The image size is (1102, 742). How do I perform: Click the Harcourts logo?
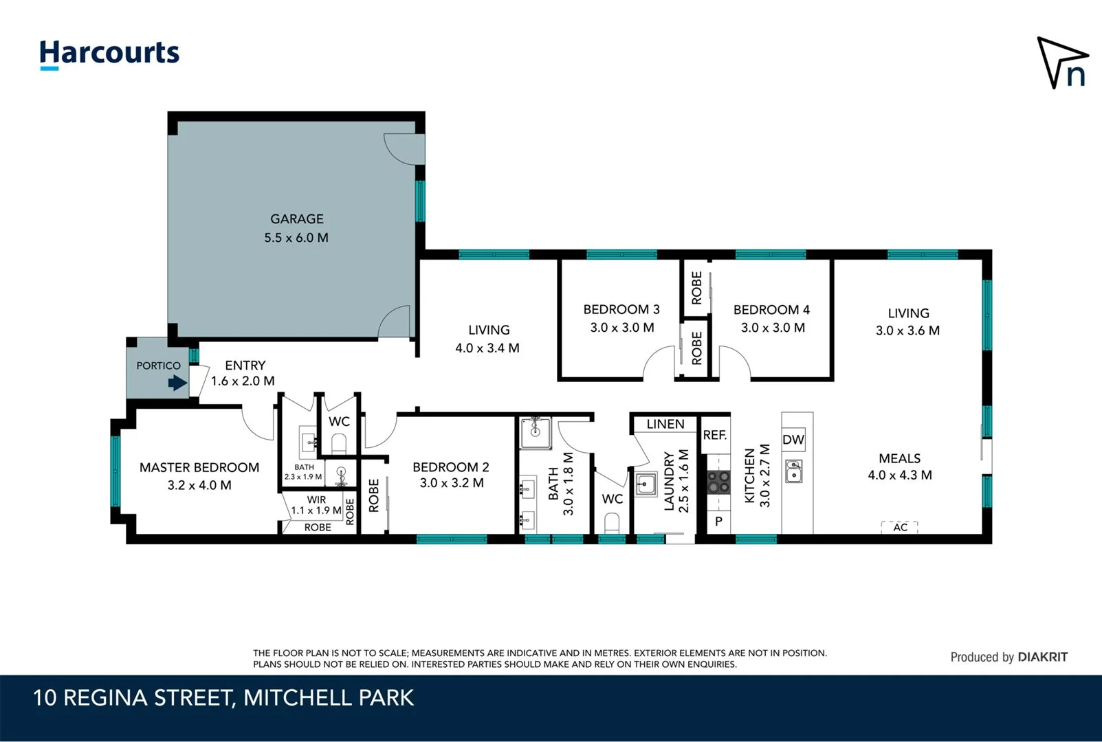pyautogui.click(x=109, y=54)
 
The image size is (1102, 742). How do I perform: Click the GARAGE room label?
pyautogui.click(x=296, y=219)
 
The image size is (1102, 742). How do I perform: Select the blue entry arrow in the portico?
pyautogui.click(x=178, y=383)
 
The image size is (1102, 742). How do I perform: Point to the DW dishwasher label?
pyautogui.click(x=793, y=440)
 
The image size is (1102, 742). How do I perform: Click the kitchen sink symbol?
pyautogui.click(x=794, y=472)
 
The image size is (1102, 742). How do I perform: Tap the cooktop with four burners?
pyautogui.click(x=719, y=482)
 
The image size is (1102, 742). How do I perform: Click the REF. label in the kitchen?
pyautogui.click(x=714, y=435)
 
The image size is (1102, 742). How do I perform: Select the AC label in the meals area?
pyautogui.click(x=900, y=527)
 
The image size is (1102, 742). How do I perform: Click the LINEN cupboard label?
pyautogui.click(x=665, y=424)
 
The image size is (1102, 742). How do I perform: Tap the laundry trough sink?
pyautogui.click(x=646, y=484)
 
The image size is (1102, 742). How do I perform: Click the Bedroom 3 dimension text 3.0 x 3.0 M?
pyautogui.click(x=621, y=328)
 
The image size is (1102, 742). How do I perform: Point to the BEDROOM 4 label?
pyautogui.click(x=771, y=310)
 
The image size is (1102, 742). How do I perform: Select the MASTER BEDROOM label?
pyautogui.click(x=199, y=467)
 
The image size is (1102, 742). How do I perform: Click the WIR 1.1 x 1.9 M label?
pyautogui.click(x=316, y=505)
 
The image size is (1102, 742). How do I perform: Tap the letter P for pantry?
pyautogui.click(x=718, y=521)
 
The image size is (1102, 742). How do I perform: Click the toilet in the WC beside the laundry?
pyautogui.click(x=611, y=524)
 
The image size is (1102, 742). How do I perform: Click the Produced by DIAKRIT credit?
pyautogui.click(x=1009, y=657)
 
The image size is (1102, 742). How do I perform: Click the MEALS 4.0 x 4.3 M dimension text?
pyautogui.click(x=899, y=475)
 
